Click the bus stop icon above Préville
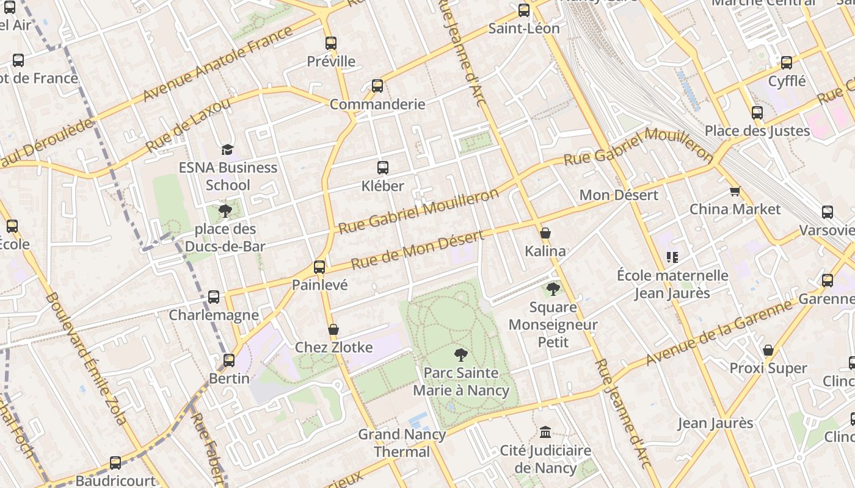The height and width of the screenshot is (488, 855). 330,43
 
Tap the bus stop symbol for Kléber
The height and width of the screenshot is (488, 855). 383,168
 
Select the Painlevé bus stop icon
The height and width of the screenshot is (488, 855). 319,267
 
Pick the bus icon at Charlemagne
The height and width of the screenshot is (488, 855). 214,297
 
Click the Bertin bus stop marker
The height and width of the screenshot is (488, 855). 229,361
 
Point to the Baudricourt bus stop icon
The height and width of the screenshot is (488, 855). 115,463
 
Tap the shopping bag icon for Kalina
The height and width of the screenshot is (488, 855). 545,233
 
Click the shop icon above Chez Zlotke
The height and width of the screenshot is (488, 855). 333,330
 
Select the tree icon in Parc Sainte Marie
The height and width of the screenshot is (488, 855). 461,354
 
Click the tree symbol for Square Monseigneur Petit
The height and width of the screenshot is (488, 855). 553,289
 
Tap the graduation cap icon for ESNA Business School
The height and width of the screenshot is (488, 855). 227,149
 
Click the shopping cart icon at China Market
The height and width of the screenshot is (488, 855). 735,191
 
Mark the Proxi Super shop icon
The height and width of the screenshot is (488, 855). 768,350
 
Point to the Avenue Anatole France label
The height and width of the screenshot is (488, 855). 218,63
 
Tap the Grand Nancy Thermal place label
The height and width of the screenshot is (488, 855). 402,443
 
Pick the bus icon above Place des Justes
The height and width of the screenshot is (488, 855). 757,113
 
